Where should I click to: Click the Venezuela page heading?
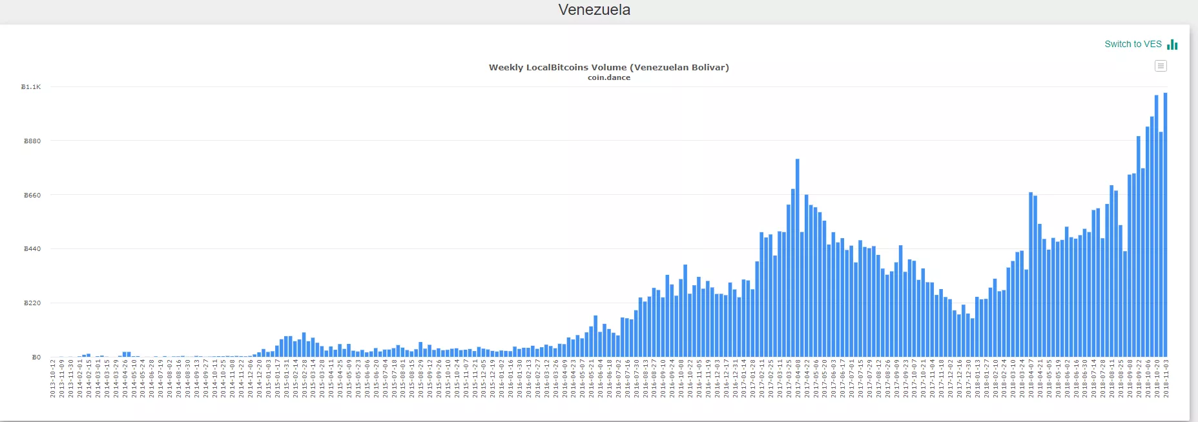pyautogui.click(x=594, y=10)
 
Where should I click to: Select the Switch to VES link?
pyautogui.click(x=1133, y=44)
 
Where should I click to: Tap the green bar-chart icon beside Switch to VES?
pyautogui.click(x=1172, y=45)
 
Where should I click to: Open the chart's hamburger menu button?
pyautogui.click(x=1161, y=66)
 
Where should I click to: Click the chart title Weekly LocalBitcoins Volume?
pyautogui.click(x=608, y=67)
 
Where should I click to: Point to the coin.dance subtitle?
pyautogui.click(x=608, y=77)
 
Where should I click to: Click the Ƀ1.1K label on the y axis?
pyautogui.click(x=31, y=86)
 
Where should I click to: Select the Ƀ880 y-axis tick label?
pyautogui.click(x=32, y=141)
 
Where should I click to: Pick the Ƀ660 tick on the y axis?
pyautogui.click(x=32, y=195)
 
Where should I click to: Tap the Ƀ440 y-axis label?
pyautogui.click(x=32, y=249)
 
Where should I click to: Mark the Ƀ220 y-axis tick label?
pyautogui.click(x=32, y=303)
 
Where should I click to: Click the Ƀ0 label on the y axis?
pyautogui.click(x=36, y=357)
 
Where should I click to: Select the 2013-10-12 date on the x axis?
pyautogui.click(x=53, y=379)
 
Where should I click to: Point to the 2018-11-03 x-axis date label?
pyautogui.click(x=1166, y=379)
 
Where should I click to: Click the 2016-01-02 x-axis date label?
pyautogui.click(x=502, y=379)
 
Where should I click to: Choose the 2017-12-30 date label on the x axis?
pyautogui.click(x=968, y=379)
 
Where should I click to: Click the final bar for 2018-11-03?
pyautogui.click(x=1166, y=226)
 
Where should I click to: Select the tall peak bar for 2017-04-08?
pyautogui.click(x=798, y=258)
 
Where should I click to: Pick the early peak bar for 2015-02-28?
pyautogui.click(x=304, y=345)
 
